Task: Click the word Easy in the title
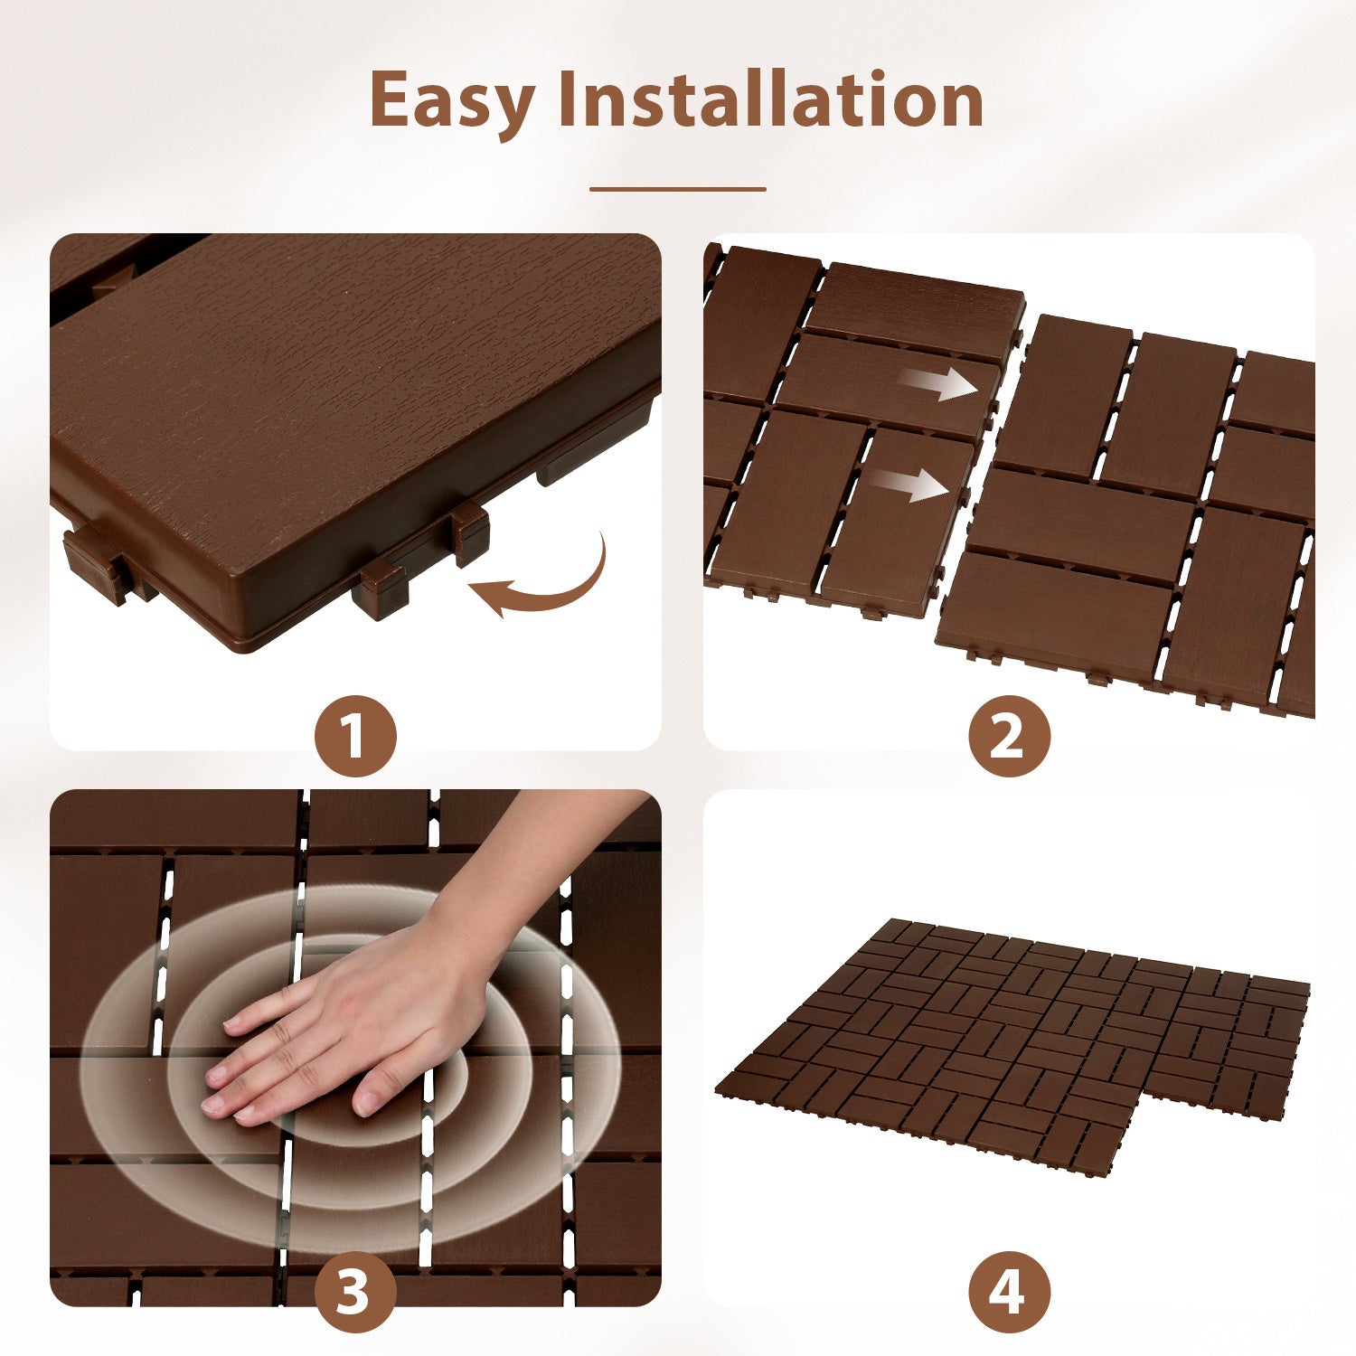(x=452, y=101)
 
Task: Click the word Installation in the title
(x=770, y=99)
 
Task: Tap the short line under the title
(x=677, y=189)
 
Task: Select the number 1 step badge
(x=355, y=736)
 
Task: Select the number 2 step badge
(x=1009, y=736)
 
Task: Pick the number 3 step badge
(x=355, y=1291)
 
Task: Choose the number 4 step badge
(x=1009, y=1291)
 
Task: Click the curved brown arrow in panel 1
(x=542, y=583)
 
